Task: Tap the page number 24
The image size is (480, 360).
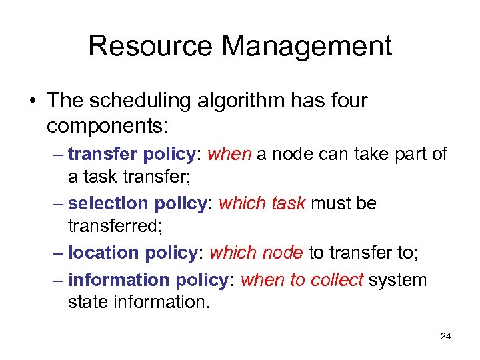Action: [446, 336]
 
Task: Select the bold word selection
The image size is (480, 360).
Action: [109, 203]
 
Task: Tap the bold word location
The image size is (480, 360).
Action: [103, 253]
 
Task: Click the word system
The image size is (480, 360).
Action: [398, 280]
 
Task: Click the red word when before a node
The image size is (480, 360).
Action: [229, 155]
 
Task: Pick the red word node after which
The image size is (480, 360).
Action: [283, 253]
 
